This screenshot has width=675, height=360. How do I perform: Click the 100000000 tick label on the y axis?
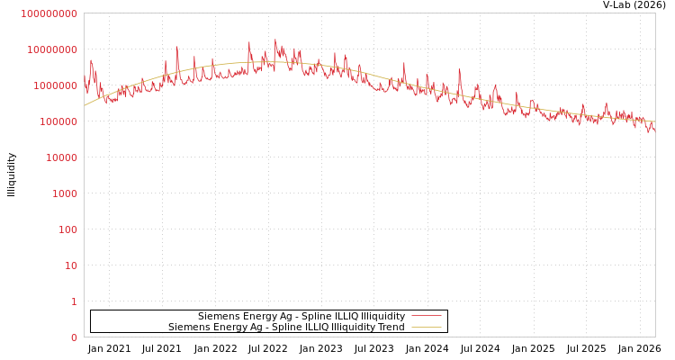(49, 13)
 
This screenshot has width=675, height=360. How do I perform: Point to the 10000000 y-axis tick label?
(51, 49)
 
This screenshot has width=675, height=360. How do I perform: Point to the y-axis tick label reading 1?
(74, 301)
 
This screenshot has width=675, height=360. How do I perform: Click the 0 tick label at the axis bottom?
(74, 337)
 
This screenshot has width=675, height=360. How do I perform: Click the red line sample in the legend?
(425, 316)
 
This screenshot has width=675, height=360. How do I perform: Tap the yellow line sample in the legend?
(425, 327)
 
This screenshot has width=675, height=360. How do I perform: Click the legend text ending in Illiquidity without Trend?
(301, 316)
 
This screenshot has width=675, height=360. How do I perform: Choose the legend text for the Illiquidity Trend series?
(286, 327)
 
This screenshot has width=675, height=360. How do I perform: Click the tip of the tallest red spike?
(275, 40)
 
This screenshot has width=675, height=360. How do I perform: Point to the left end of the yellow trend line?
(85, 106)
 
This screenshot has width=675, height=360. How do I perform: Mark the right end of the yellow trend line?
(654, 121)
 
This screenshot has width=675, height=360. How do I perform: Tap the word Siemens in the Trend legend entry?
(188, 327)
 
